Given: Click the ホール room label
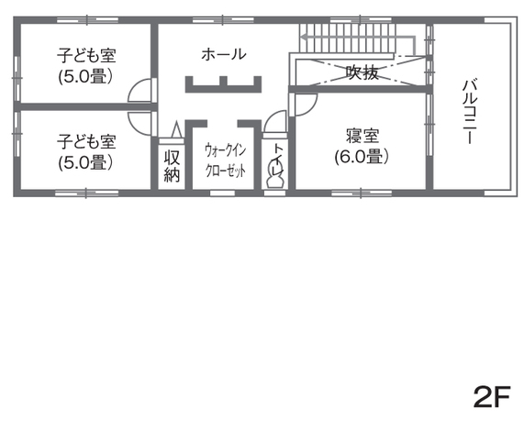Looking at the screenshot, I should (x=224, y=54).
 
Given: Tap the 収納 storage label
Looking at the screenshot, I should (x=172, y=165).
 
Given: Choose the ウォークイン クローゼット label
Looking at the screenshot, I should (x=224, y=159).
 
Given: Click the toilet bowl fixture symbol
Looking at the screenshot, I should (x=274, y=178).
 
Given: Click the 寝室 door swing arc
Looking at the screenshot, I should (x=301, y=106).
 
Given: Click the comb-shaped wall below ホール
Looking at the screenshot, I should (x=224, y=84).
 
